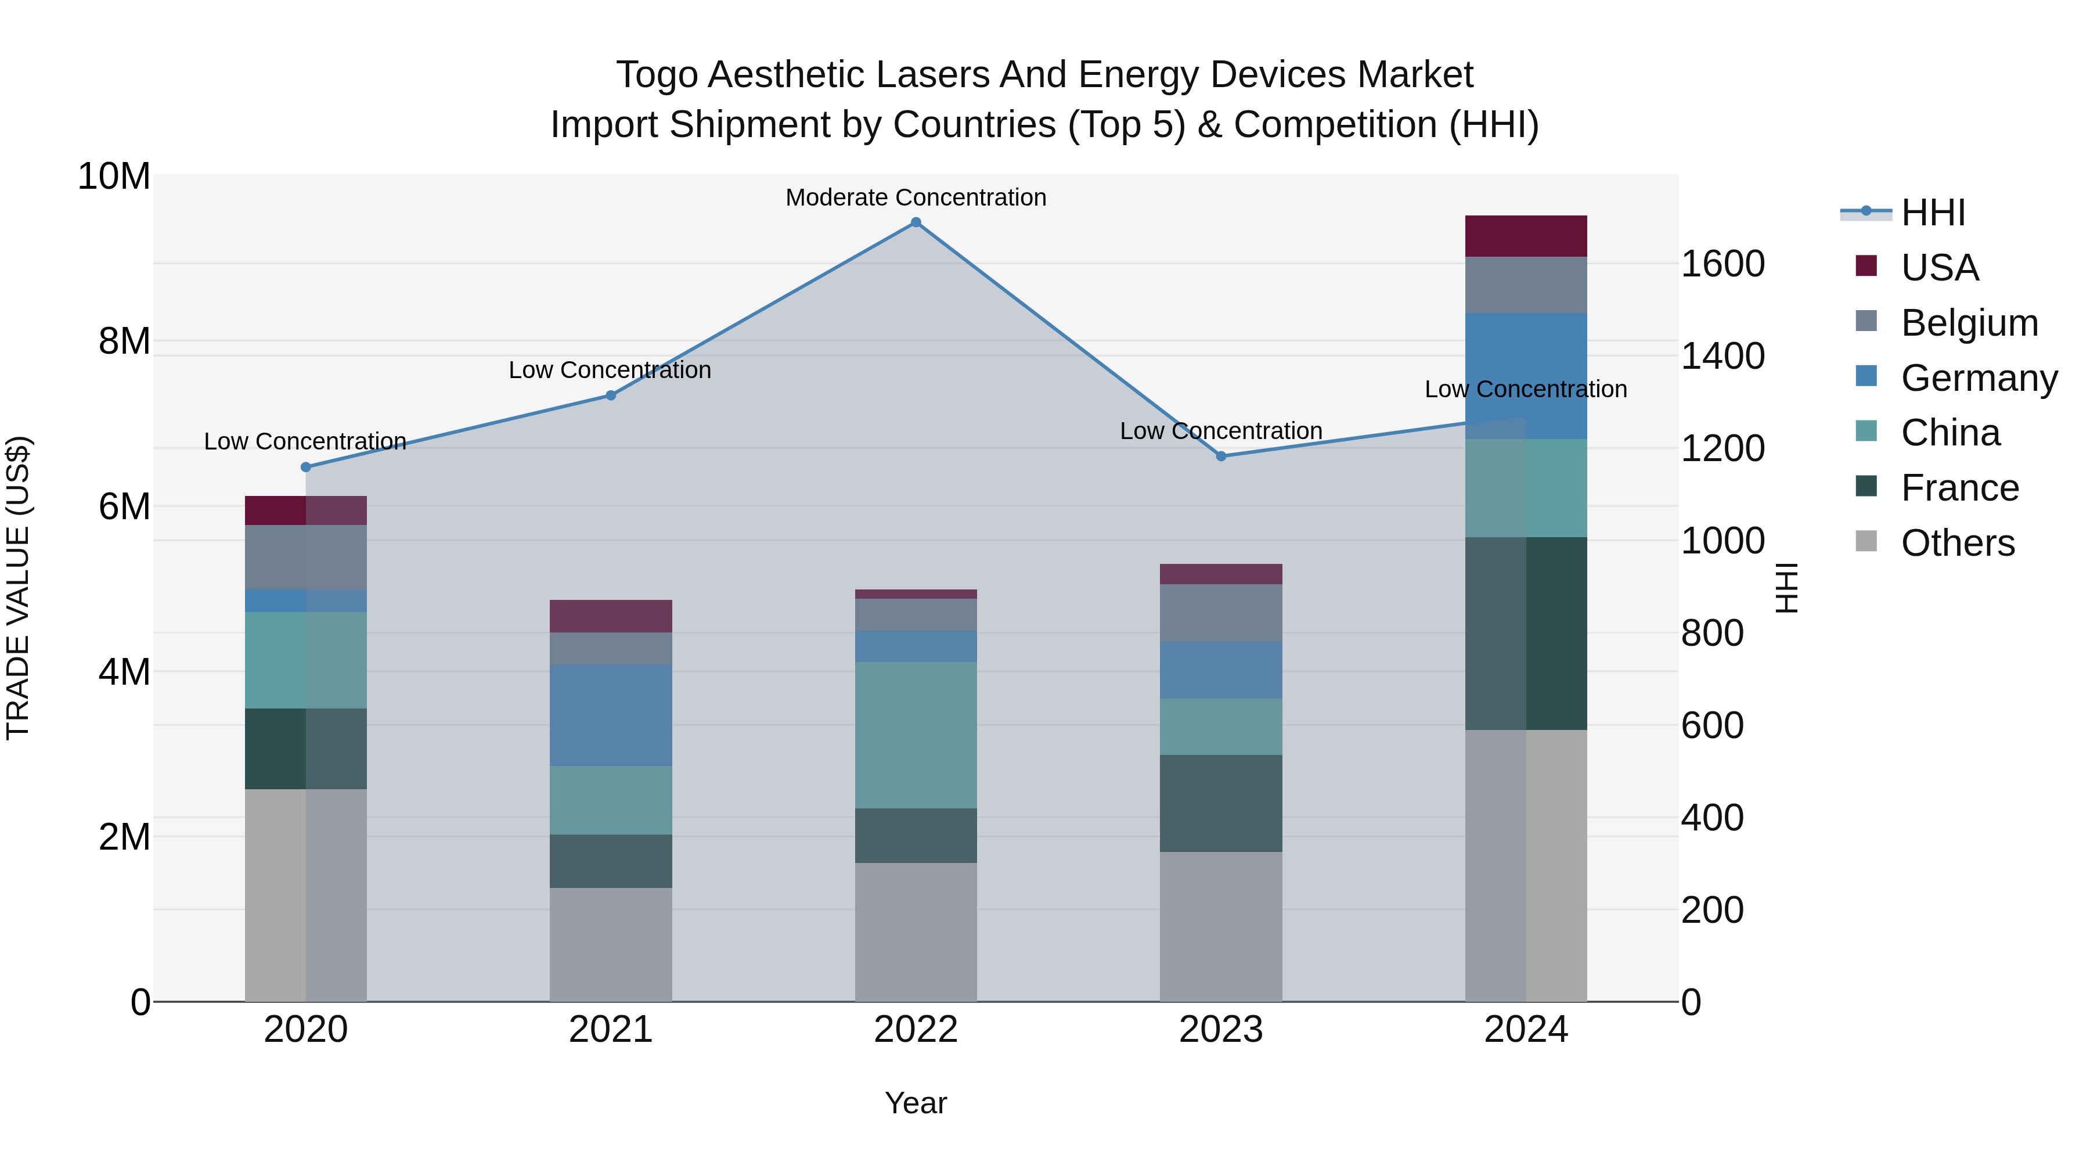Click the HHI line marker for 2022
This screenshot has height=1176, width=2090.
(x=916, y=222)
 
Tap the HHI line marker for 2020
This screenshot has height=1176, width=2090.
(x=306, y=467)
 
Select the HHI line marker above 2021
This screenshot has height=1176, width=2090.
(x=611, y=395)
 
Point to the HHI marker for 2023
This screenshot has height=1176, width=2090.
(x=1221, y=456)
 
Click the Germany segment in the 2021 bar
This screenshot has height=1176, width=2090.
(x=611, y=715)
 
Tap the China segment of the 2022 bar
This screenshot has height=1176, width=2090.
(x=916, y=735)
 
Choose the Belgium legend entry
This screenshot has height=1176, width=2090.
(x=1969, y=322)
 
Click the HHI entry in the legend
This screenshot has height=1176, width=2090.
(x=1933, y=213)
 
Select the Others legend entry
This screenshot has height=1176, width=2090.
(x=1957, y=543)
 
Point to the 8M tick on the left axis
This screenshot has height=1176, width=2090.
(x=124, y=341)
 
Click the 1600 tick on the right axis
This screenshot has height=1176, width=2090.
(x=1722, y=264)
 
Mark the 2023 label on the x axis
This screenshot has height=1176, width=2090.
(x=1221, y=1029)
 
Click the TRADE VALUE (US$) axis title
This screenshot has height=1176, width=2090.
(x=18, y=588)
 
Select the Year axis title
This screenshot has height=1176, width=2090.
(x=916, y=1103)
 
